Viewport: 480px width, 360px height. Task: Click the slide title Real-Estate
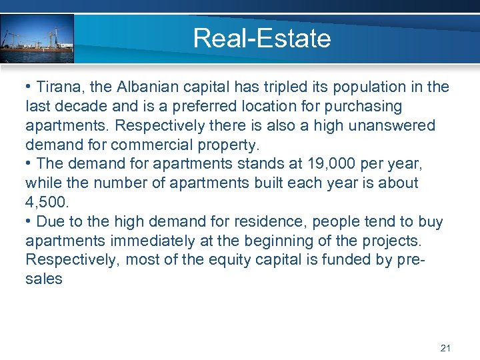[261, 38]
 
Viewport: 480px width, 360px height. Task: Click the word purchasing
[365, 107]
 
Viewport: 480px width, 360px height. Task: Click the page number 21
[446, 348]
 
